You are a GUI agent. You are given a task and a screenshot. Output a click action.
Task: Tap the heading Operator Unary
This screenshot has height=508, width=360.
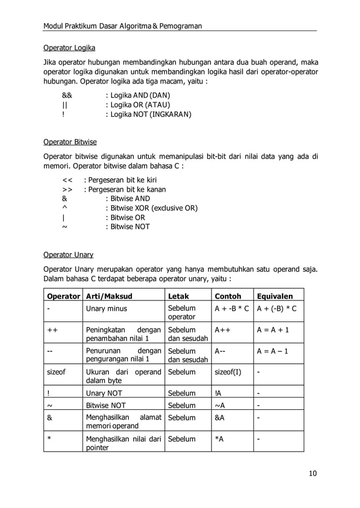click(x=68, y=254)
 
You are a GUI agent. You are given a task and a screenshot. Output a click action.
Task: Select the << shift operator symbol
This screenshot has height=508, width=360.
click(x=67, y=180)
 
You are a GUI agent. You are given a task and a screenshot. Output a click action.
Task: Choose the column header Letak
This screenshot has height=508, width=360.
click(x=179, y=296)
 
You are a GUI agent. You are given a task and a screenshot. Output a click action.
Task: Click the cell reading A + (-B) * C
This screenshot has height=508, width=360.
click(x=276, y=308)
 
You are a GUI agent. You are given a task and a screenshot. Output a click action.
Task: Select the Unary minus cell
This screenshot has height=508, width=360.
click(x=106, y=308)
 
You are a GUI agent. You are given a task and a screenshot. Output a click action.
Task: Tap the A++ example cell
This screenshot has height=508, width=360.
click(x=222, y=330)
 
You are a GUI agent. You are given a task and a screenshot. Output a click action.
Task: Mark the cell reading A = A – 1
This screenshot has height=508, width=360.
click(x=273, y=351)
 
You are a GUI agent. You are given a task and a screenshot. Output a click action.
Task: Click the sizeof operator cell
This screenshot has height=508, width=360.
click(x=56, y=373)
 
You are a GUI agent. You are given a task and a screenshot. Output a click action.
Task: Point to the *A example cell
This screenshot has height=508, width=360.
click(x=220, y=439)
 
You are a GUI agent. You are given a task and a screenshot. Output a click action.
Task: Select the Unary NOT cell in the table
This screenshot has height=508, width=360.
click(x=104, y=393)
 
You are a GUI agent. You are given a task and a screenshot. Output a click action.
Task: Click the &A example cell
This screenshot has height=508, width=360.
click(x=220, y=418)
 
